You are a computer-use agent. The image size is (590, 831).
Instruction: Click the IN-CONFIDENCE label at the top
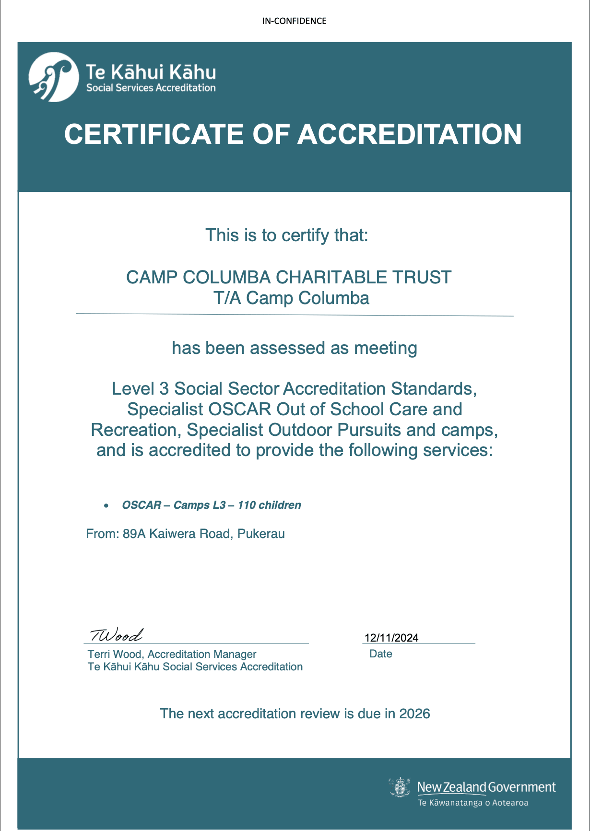294,21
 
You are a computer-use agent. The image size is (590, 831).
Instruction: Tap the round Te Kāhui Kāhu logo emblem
53,77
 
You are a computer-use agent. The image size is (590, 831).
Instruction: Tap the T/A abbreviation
227,298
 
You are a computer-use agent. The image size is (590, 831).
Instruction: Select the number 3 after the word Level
164,388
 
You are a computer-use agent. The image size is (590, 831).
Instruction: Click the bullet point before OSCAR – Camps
106,506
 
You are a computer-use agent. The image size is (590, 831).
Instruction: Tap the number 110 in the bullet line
247,505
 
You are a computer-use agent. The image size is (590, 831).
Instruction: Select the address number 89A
134,534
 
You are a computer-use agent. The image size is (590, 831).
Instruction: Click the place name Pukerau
261,534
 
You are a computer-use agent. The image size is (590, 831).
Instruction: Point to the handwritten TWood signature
116,635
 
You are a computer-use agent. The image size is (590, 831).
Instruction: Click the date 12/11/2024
391,637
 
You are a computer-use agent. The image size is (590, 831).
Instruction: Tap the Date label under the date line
381,654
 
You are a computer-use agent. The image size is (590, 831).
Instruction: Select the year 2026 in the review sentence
414,714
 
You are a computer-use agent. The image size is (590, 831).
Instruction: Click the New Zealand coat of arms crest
400,787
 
